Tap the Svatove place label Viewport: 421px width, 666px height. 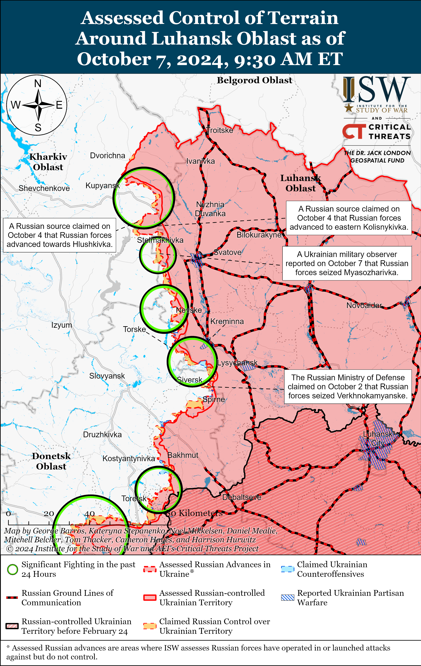[228, 252]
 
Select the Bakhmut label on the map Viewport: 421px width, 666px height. [183, 455]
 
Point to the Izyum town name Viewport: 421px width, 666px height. [61, 325]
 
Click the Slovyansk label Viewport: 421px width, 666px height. [107, 376]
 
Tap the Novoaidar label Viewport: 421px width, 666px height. [364, 305]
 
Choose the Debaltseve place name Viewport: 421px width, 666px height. [242, 497]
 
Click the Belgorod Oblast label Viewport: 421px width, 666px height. [254, 80]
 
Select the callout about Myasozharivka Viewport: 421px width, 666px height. [347, 263]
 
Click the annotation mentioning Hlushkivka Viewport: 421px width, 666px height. [59, 235]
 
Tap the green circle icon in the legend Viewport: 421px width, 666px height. [12, 570]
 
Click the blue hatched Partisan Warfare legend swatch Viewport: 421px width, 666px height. [287, 598]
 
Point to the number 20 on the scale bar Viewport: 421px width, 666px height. [49, 514]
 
